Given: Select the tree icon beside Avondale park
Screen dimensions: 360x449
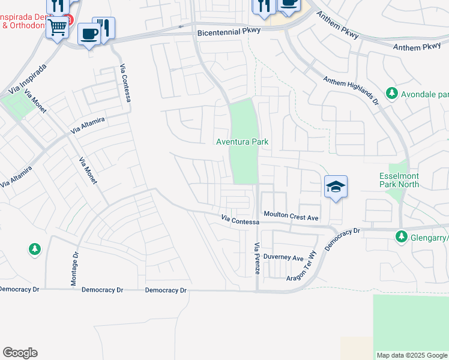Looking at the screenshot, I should pos(392,94).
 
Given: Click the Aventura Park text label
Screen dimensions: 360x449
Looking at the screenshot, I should pos(242,142).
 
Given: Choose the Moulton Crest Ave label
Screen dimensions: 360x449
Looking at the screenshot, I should pos(291,215).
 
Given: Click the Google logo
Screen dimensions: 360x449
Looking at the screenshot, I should pos(20,353).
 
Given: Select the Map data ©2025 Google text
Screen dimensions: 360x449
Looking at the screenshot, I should pos(412,355).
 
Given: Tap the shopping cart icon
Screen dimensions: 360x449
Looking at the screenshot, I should pos(57,26).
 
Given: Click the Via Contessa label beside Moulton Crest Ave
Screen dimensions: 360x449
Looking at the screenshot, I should pos(240,221).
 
